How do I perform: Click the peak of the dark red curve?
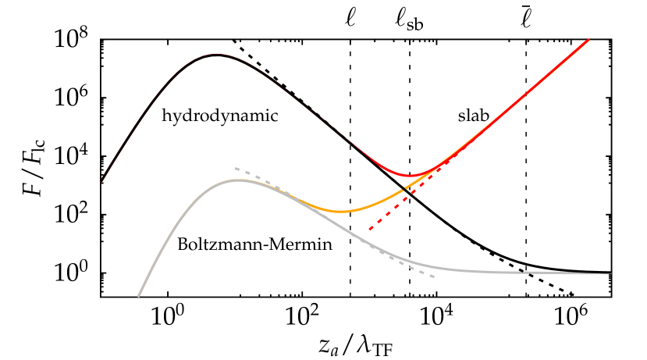click(x=217, y=54)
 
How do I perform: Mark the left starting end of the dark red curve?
click(x=101, y=181)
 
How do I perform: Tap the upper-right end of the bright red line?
click(x=588, y=39)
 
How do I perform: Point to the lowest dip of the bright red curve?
click(x=411, y=175)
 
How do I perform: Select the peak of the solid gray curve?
click(x=238, y=180)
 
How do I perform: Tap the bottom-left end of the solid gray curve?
click(x=139, y=296)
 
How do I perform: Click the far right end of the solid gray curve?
click(x=610, y=273)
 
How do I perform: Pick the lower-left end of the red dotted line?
click(x=369, y=230)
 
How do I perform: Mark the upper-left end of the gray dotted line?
click(x=236, y=168)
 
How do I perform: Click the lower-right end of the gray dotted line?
click(x=434, y=276)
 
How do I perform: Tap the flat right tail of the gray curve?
click(x=531, y=273)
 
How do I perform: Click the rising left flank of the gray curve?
click(x=172, y=226)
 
